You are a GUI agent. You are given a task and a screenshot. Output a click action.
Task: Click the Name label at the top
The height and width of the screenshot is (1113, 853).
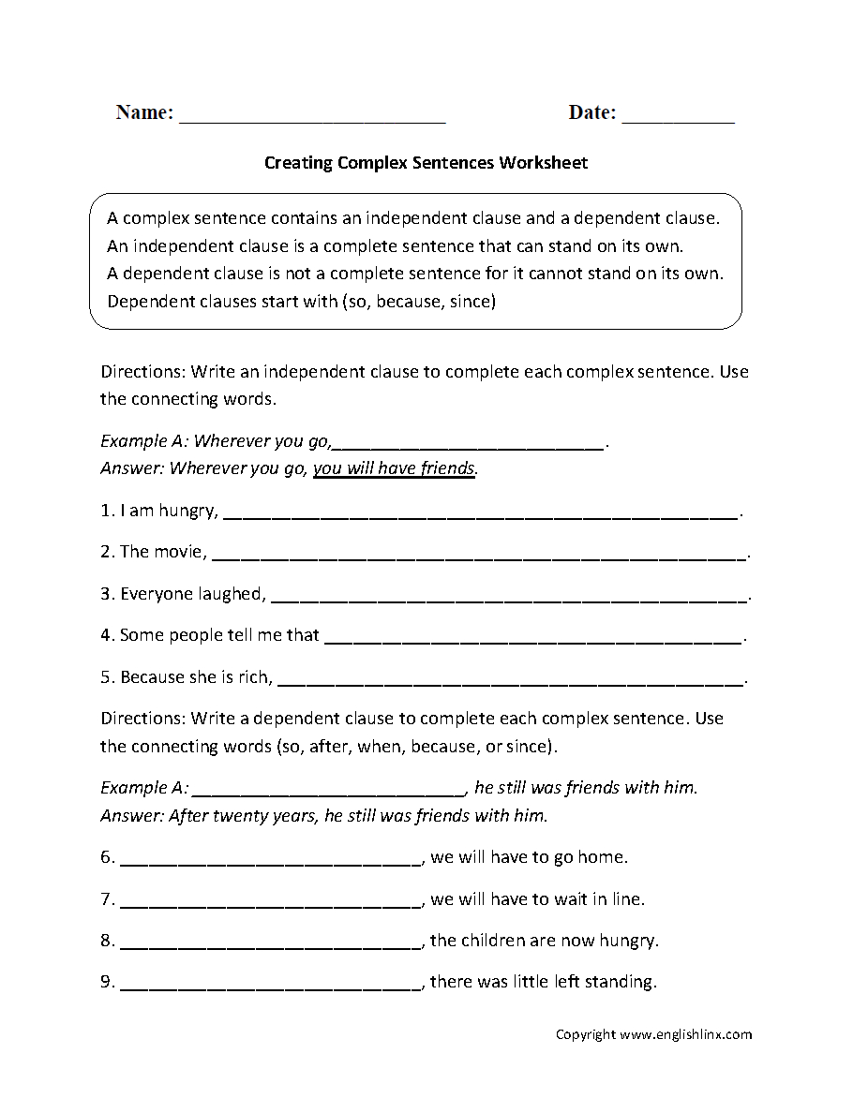[144, 112]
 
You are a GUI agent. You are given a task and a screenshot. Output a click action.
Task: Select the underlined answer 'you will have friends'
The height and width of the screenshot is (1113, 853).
[394, 468]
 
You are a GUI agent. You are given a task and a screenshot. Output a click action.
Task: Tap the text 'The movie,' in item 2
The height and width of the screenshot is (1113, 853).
[163, 552]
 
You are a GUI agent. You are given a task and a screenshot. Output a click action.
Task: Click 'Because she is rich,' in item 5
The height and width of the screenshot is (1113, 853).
[196, 676]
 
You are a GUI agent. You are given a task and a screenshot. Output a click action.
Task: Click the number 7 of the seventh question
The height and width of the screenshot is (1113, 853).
[106, 899]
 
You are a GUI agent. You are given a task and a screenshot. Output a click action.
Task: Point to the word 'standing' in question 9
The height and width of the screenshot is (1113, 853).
[621, 982]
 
